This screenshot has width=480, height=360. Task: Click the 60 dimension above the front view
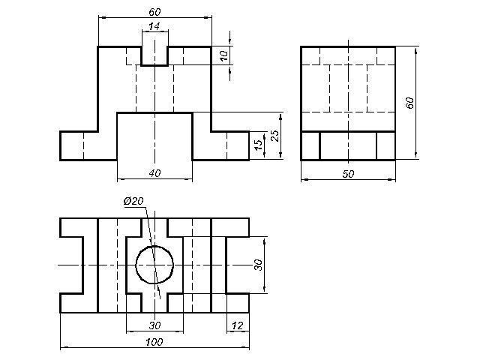click(154, 12)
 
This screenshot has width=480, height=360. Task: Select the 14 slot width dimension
click(154, 26)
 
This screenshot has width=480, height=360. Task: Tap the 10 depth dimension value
click(223, 55)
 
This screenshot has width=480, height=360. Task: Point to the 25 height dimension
click(275, 136)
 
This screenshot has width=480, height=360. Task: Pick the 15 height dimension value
click(259, 145)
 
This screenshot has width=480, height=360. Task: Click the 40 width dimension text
click(154, 173)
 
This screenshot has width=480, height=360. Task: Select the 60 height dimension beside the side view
click(409, 103)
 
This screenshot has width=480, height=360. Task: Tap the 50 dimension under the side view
click(348, 174)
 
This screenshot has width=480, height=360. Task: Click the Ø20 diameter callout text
click(133, 201)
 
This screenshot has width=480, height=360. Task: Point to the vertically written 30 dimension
click(258, 265)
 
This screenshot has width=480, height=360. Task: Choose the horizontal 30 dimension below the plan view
click(154, 325)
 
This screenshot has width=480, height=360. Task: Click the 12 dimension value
click(237, 325)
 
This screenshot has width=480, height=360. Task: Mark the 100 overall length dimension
click(154, 342)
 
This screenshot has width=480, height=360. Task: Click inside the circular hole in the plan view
click(154, 265)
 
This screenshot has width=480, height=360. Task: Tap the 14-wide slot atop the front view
click(154, 55)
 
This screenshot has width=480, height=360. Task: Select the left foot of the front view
click(88, 145)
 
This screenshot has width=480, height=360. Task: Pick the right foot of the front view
click(220, 145)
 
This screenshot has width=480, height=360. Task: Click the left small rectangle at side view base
click(310, 145)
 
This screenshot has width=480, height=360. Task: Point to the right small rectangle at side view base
click(385, 145)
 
